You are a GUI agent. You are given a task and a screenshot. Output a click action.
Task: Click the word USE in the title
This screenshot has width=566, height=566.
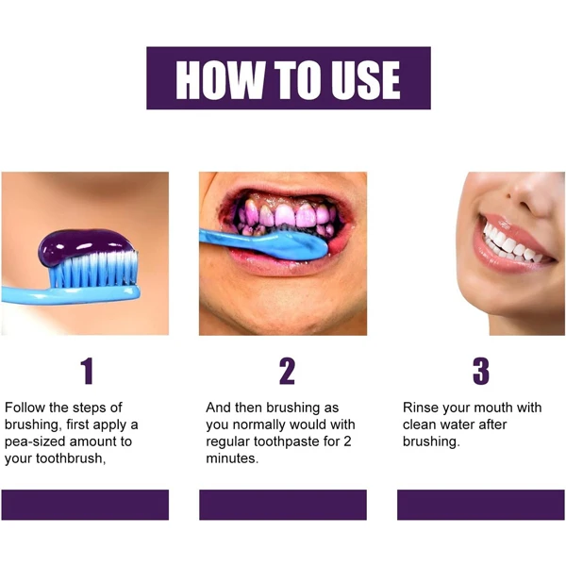[366, 80]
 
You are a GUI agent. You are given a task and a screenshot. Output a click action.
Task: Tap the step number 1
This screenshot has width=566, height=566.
[88, 371]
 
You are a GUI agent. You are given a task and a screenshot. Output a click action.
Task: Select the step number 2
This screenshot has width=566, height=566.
[287, 371]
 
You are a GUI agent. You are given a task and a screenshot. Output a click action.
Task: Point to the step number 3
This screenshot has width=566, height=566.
[481, 371]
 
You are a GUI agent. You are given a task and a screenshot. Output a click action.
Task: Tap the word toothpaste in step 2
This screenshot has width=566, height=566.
[286, 441]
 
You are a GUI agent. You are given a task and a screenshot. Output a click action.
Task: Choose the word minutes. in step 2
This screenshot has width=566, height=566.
[232, 458]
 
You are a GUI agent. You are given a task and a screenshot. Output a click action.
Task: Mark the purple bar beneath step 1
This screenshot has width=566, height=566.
[85, 505]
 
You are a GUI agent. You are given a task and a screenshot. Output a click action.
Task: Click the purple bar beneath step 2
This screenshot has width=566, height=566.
[283, 505]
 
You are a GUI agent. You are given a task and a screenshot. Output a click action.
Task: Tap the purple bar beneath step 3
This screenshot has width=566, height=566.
[481, 505]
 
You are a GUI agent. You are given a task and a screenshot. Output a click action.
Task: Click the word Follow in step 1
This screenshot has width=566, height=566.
[25, 408]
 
